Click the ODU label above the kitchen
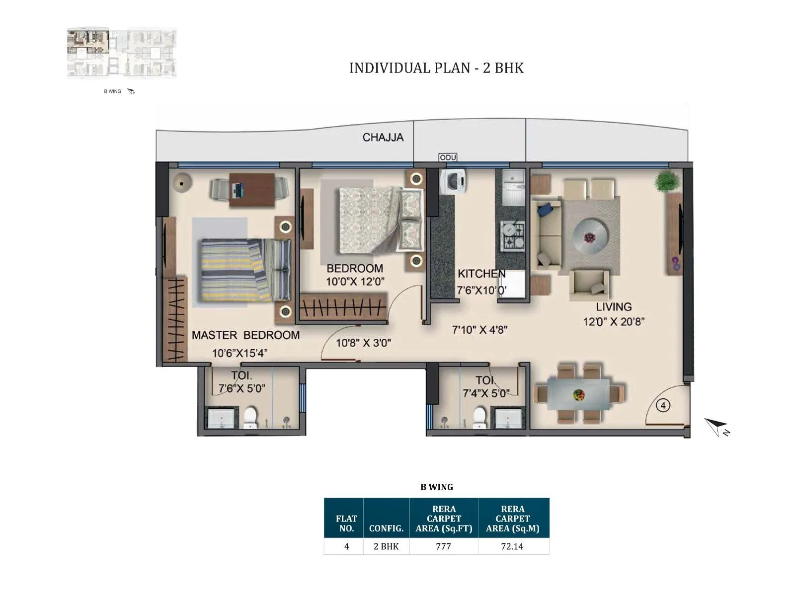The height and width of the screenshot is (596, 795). click(448, 157)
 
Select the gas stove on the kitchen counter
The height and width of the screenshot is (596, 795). click(512, 235)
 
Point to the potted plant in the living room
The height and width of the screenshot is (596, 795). click(667, 181)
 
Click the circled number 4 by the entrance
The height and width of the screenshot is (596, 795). click(663, 406)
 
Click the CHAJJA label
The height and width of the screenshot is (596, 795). click(383, 138)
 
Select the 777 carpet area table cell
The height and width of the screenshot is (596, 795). click(443, 546)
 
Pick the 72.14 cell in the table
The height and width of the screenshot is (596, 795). click(512, 546)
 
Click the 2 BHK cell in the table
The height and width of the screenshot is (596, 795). click(386, 546)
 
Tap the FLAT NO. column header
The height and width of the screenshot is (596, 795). click(346, 523)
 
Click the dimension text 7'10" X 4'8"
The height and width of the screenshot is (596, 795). click(479, 330)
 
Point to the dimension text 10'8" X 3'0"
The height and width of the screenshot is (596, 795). click(363, 343)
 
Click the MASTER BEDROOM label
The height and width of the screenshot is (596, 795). click(245, 335)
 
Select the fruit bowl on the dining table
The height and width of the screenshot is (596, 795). click(578, 395)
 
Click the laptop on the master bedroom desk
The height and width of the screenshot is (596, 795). click(238, 189)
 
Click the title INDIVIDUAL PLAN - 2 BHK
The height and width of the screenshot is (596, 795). click(436, 68)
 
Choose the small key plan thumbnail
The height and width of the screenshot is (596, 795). click(122, 53)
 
